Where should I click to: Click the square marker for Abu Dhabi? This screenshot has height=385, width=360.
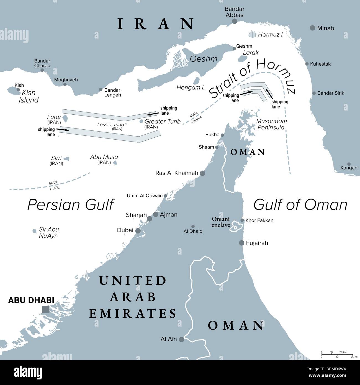(x=45, y=309)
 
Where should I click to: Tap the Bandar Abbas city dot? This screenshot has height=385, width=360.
(x=235, y=21)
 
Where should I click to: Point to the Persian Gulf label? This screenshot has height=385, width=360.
(x=71, y=205)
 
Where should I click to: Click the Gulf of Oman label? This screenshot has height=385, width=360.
(x=300, y=205)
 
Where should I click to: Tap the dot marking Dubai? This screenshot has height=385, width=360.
(x=138, y=230)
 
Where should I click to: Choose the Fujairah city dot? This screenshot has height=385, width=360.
(x=241, y=243)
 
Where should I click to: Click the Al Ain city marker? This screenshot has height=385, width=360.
(x=181, y=339)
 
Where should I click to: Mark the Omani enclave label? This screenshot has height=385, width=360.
(x=221, y=222)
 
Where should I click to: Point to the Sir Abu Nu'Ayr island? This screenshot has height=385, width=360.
(x=34, y=231)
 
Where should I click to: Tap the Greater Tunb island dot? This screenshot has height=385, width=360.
(x=142, y=121)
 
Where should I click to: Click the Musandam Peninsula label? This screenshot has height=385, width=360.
(x=271, y=124)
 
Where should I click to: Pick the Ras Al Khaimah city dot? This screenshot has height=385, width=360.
(x=203, y=173)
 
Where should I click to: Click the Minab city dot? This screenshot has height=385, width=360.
(x=312, y=28)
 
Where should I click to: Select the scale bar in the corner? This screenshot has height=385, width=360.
(x=337, y=355)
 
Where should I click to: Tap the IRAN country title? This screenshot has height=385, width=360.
(x=155, y=24)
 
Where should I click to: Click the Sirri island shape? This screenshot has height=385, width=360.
(x=66, y=159)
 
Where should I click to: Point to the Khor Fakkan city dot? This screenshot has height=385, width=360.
(x=242, y=220)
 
